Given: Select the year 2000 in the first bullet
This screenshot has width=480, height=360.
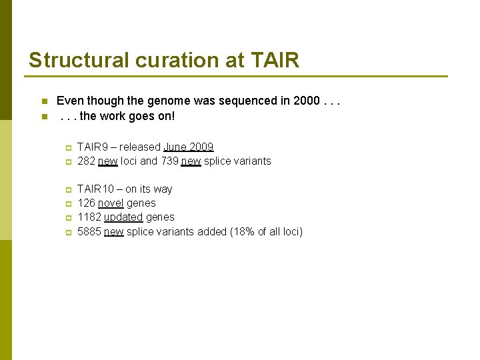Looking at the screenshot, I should [x=306, y=101].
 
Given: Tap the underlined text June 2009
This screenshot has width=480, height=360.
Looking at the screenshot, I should [x=188, y=147].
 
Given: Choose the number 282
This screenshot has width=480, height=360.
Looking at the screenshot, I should [x=86, y=161].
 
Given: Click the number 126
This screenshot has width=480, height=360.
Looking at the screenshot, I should [x=86, y=203].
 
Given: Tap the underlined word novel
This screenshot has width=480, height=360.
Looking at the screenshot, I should [x=111, y=203].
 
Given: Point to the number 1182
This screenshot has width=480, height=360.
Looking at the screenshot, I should [x=89, y=217].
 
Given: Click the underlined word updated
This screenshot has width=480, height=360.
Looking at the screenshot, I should [x=123, y=217].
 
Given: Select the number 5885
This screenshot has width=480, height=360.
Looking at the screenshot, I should [x=89, y=232].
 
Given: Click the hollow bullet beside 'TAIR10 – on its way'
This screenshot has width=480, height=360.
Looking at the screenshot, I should [x=67, y=190].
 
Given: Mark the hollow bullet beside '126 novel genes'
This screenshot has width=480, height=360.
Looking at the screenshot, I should [x=67, y=204].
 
